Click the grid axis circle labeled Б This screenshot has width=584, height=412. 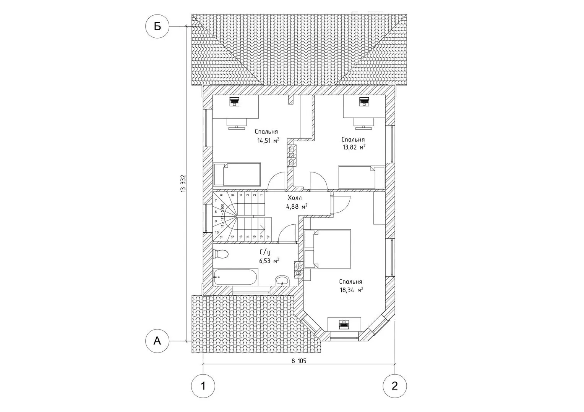coord(157,26)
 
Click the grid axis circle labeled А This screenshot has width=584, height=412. coord(157,341)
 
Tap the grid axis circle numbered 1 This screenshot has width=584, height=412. coord(203,386)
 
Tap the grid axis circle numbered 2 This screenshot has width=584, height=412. coord(395,386)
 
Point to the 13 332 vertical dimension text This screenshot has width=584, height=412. coord(183,184)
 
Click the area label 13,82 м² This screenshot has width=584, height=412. coord(354,148)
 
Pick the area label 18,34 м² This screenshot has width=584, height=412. coord(351,290)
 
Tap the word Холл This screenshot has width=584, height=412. coord(295,198)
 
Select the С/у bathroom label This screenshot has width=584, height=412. coord(265,252)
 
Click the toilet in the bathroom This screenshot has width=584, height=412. coord(221,254)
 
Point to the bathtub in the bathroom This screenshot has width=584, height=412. coord(235,277)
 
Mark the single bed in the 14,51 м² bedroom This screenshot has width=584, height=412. coord(237,175)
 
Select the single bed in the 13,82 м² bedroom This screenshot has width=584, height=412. coord(361,177)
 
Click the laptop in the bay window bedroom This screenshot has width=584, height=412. coord(344,324)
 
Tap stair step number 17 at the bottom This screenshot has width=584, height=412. coord(268,237)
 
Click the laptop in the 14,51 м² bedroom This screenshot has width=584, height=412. coord(234,102)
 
